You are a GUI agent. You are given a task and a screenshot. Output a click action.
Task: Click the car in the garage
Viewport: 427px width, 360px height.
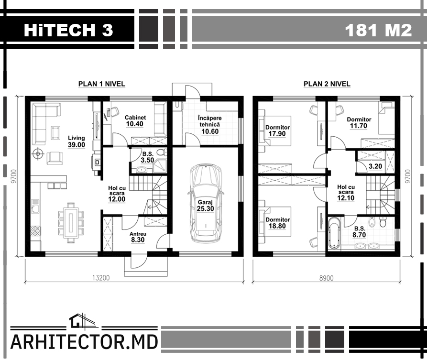click(206, 203)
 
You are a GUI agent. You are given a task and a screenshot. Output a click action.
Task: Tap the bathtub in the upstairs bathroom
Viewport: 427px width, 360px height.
click(334, 233)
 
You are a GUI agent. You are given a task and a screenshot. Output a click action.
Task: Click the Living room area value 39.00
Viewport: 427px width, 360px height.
click(77, 145)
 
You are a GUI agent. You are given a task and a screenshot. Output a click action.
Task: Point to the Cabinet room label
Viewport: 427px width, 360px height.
click(135, 118)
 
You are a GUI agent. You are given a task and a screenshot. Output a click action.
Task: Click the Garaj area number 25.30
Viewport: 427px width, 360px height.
click(205, 209)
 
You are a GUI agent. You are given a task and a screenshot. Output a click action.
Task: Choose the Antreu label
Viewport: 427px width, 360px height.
click(138, 234)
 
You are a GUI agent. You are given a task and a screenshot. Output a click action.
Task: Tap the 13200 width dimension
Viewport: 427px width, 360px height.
click(101, 278)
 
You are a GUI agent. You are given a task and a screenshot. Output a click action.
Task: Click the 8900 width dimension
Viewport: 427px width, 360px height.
click(326, 278)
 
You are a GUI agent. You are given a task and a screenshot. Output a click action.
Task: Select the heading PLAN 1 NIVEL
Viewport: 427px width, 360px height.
click(101, 84)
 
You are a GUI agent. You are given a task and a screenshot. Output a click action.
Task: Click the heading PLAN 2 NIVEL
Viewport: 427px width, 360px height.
click(327, 84)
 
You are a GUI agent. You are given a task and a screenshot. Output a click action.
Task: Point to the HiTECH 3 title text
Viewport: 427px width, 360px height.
click(68, 30)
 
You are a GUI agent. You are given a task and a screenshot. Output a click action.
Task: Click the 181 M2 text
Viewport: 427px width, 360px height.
click(378, 30)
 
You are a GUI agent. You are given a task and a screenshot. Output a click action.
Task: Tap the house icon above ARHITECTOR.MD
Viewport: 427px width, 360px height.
click(79, 320)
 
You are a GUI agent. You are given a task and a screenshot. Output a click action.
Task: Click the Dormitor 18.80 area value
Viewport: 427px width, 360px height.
click(277, 226)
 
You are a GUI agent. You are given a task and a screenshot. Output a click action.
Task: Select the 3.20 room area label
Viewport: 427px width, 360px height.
click(375, 166)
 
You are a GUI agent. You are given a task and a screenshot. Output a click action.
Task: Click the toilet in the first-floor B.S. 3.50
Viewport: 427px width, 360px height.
click(163, 152)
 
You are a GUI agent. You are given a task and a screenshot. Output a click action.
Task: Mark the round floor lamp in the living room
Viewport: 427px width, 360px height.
click(38, 154)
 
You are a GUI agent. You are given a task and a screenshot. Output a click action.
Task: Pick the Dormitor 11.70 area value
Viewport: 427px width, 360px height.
click(359, 126)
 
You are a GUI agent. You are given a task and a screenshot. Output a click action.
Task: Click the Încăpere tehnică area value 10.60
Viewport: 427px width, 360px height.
click(210, 131)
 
